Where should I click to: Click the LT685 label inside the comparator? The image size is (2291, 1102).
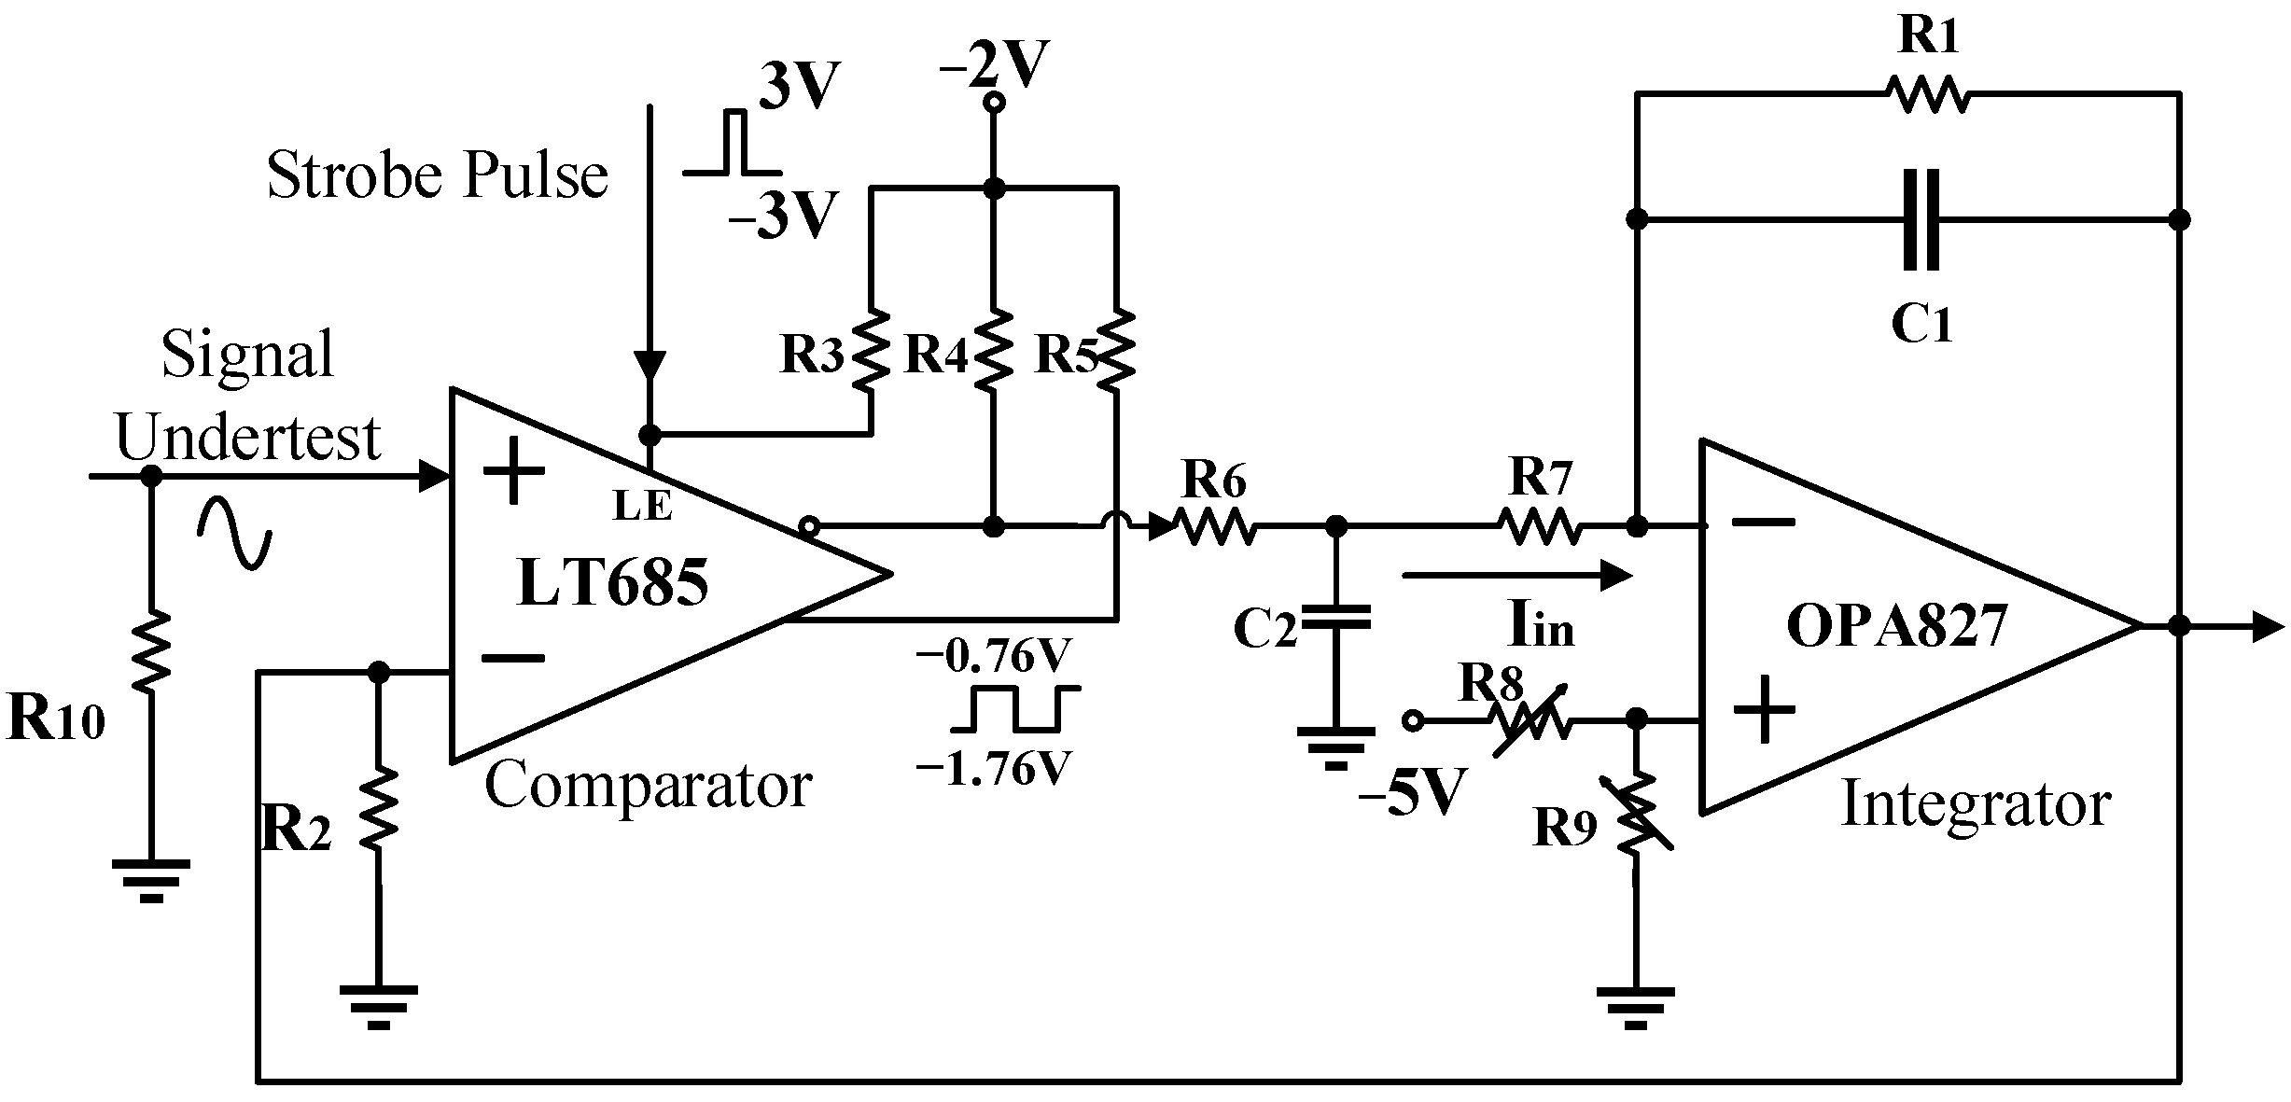coord(612,582)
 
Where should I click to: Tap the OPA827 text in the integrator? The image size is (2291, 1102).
coord(1896,626)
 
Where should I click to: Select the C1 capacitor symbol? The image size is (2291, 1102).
coord(1921,232)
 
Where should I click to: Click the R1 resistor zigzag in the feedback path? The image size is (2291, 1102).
coord(1928,94)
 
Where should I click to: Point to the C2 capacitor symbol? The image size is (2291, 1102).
coord(1336,618)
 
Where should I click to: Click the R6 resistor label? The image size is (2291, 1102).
coord(1214,481)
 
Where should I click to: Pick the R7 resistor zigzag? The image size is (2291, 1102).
coord(1541,527)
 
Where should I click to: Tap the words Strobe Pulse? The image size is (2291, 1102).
coord(437,175)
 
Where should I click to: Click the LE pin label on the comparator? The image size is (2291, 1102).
coord(642,506)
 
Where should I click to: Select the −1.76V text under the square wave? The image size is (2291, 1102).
coord(992,770)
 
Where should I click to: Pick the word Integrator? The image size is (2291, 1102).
coord(1976,804)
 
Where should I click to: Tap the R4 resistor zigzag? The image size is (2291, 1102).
coord(995,352)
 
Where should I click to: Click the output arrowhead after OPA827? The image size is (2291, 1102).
coord(2268,626)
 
